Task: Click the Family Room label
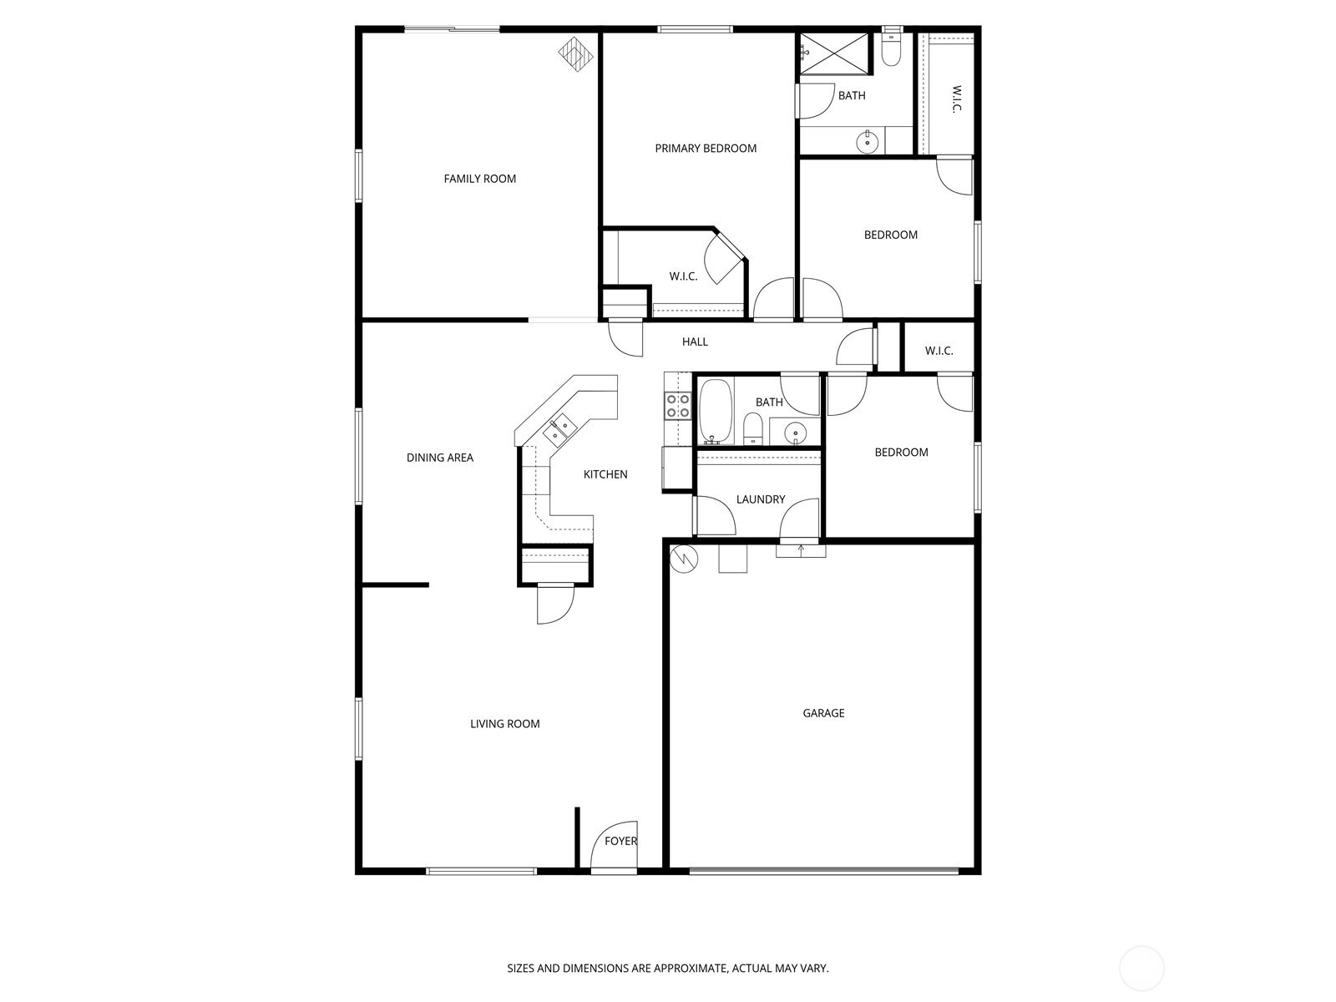[479, 179]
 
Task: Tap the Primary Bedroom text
[706, 149]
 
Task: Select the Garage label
[823, 713]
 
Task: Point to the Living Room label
[504, 724]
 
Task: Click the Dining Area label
[439, 458]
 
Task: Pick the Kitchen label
[605, 474]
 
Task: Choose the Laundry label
[760, 499]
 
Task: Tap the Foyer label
[621, 841]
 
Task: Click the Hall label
[695, 342]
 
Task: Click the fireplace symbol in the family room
[576, 54]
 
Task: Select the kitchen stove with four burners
[677, 406]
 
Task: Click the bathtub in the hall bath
[716, 412]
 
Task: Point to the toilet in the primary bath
[890, 50]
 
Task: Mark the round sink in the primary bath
[867, 143]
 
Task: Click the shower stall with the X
[834, 53]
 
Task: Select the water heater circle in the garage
[684, 559]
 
